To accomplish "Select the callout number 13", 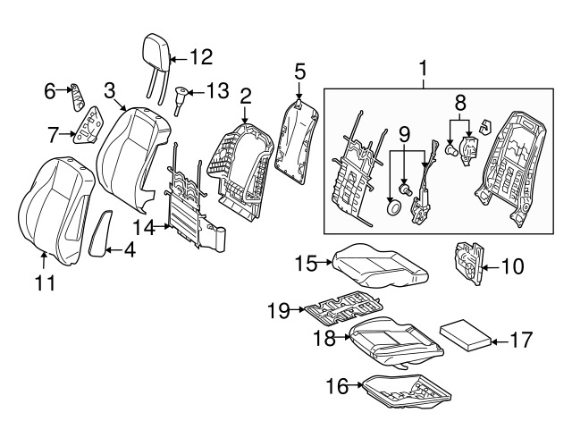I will point(217,91).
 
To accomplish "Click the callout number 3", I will point(109,90).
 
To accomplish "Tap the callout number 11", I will point(45,283).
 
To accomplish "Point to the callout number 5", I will point(299,70).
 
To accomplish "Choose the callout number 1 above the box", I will point(424,67).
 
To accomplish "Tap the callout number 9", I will point(404,136).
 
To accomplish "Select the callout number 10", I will point(511,265).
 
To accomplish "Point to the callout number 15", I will point(307,263).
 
